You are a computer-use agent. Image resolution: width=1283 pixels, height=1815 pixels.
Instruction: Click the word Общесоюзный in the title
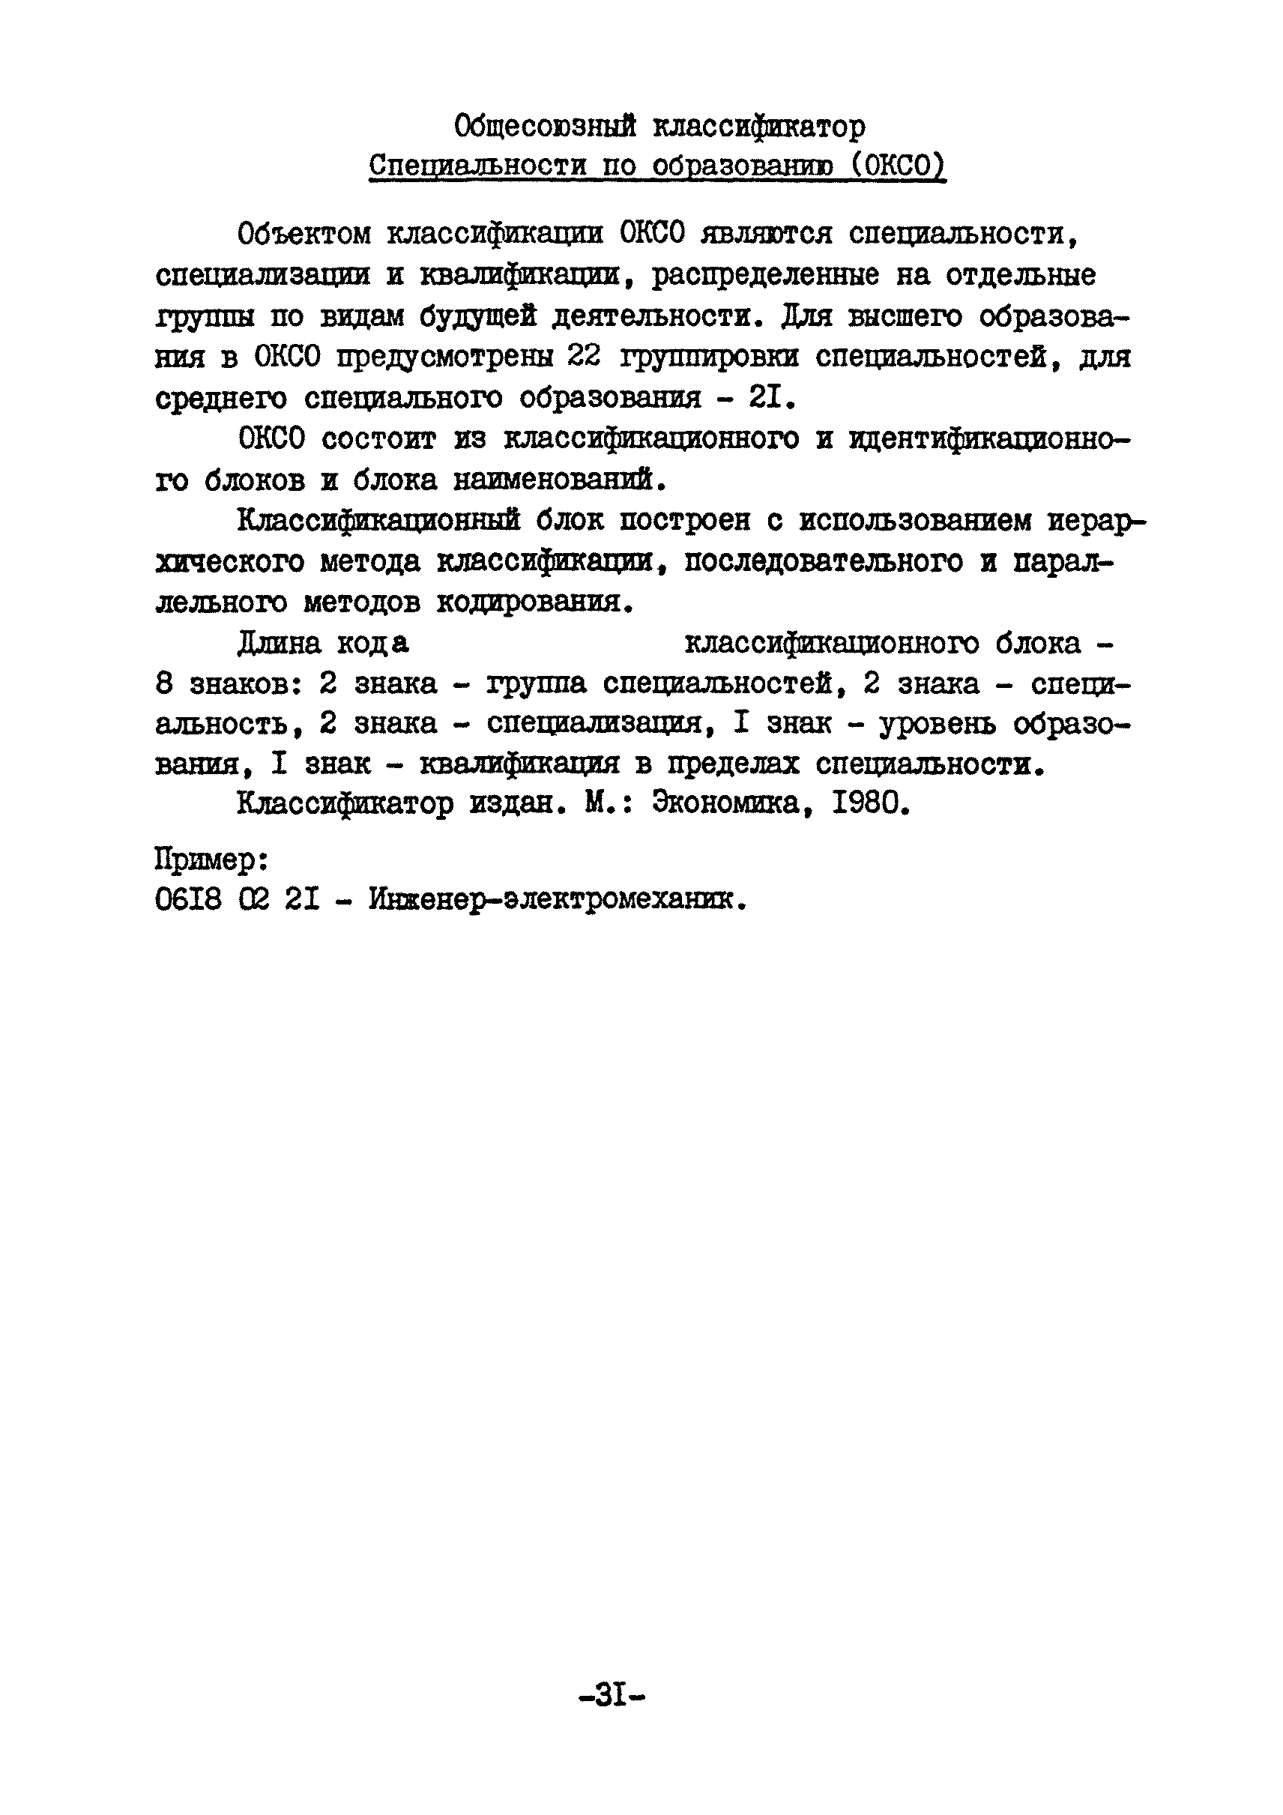[546, 126]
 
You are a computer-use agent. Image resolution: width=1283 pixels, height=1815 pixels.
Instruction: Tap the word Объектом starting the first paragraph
[304, 234]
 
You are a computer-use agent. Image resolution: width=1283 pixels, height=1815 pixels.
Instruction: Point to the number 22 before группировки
[585, 357]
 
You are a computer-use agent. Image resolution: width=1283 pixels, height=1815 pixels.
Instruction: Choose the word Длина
[279, 644]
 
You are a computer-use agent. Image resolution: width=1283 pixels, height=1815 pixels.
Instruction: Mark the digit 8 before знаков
[164, 683]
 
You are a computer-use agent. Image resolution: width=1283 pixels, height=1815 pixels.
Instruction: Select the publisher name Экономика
[724, 804]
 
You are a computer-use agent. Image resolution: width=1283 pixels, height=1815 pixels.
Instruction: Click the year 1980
[865, 804]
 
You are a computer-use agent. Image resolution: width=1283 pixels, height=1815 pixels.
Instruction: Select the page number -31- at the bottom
[612, 1695]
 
